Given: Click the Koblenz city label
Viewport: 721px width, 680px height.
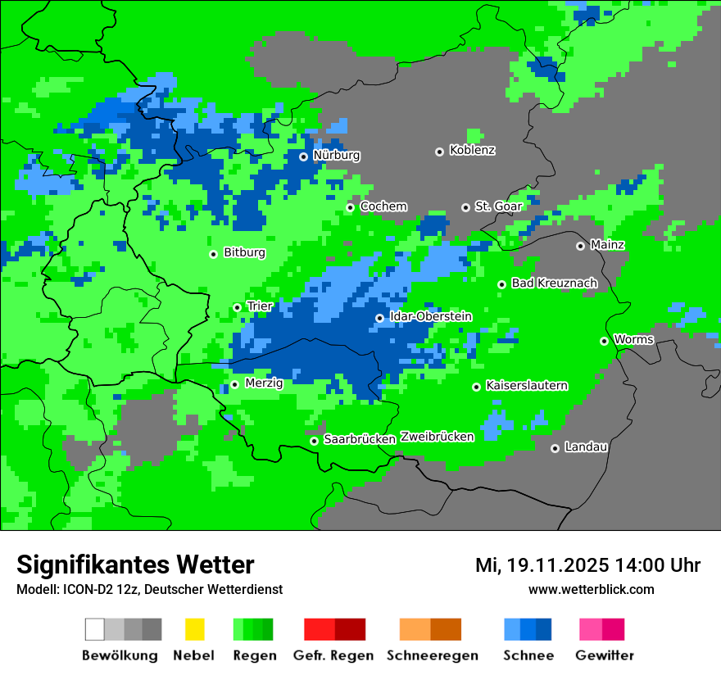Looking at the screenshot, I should coord(472,151).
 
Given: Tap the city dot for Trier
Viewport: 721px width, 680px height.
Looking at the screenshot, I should coord(238,307).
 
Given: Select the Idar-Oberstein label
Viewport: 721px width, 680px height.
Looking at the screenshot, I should coord(430,316).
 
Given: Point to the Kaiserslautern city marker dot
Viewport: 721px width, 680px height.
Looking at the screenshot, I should coord(476,387).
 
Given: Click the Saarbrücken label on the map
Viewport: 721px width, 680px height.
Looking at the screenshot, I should coord(360,440).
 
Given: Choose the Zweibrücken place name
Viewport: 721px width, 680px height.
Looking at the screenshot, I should coord(437,437).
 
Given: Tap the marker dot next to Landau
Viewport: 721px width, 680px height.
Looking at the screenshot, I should coord(555,448).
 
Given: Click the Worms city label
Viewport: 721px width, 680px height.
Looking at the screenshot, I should coord(633,340).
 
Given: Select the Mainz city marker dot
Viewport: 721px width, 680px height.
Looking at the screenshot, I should coord(580,246).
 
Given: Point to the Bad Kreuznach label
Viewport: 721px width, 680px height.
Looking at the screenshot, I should coord(554,283).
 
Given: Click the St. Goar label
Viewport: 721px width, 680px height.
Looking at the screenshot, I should coord(498,206).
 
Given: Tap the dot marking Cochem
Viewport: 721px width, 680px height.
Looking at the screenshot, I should coord(350,207).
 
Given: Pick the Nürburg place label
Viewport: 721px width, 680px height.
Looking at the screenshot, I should coord(336,156).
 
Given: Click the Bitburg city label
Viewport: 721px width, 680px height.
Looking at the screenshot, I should coord(244,253).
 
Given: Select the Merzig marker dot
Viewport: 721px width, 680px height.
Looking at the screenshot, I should coord(234,384).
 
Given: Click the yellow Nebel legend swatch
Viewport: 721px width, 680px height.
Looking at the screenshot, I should coord(194,629).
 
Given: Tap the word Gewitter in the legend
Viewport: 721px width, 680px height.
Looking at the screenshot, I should coord(604,655).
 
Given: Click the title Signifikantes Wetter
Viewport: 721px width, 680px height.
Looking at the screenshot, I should coord(135,565).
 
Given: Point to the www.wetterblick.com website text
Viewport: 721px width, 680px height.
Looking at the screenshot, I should coord(591,590).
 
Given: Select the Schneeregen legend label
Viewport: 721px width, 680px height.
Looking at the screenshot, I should coord(432,655).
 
